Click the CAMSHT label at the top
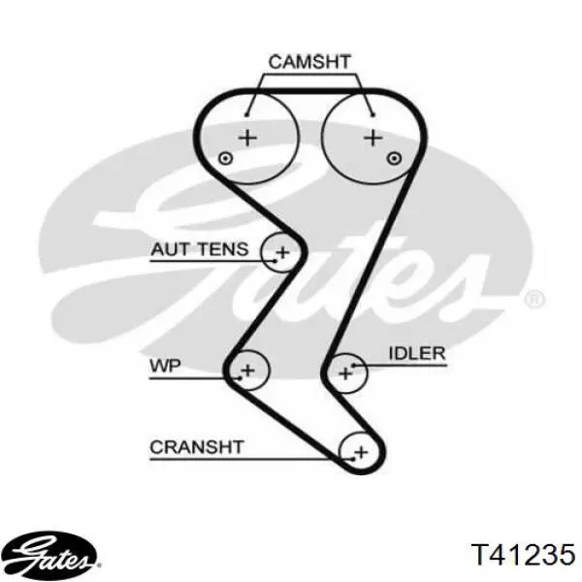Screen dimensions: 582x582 309,62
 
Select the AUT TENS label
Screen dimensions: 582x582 199,250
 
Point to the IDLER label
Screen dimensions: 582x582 417,354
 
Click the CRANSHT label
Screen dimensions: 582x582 197,447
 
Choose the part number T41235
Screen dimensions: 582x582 523,554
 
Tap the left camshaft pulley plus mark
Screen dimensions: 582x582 248,138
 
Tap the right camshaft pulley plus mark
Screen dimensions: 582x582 372,138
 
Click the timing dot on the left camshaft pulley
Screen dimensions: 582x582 225,158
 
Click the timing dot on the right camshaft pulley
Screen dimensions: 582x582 392,158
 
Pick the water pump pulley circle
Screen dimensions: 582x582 247,369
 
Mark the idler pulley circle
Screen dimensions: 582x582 344,369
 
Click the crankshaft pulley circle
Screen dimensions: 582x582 360,451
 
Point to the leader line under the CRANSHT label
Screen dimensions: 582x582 242,458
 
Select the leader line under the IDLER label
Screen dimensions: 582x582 407,365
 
